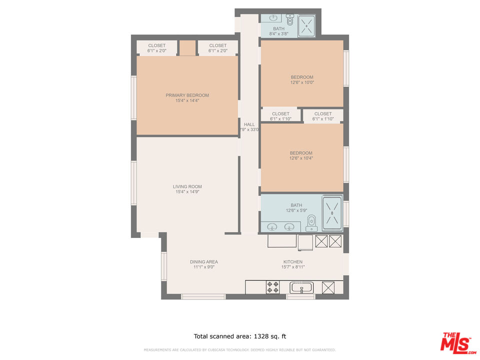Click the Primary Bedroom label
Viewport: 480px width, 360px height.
(x=187, y=95)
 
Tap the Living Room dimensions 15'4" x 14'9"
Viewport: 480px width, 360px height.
(x=188, y=192)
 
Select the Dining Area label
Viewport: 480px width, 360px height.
(x=203, y=261)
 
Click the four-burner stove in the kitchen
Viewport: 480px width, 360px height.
(x=272, y=287)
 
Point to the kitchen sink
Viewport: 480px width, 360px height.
(x=301, y=287)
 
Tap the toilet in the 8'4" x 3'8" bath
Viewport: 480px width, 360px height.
(x=290, y=20)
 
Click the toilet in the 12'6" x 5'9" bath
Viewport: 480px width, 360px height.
(x=311, y=221)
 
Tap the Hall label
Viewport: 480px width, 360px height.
(x=249, y=124)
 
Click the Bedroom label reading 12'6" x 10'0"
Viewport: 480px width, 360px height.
(x=302, y=77)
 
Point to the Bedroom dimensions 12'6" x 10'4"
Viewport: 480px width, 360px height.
(x=301, y=158)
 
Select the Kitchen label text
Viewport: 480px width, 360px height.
(x=292, y=261)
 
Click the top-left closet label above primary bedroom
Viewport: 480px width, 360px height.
(x=156, y=45)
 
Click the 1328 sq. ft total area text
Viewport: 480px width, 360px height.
(x=239, y=336)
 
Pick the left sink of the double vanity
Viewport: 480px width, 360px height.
(x=273, y=226)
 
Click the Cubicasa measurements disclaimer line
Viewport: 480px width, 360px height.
(x=239, y=350)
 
